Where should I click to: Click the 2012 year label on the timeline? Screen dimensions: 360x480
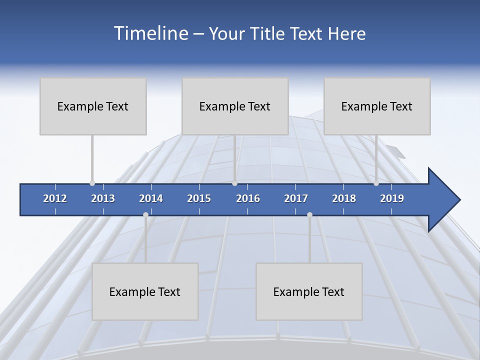point(55,198)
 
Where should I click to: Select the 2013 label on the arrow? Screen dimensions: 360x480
point(103,198)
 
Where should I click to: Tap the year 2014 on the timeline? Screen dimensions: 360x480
point(151,198)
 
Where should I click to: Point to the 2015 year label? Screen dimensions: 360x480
point(199,198)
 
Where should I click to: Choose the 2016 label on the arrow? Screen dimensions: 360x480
point(248,198)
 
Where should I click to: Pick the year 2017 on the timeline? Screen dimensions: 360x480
point(296,198)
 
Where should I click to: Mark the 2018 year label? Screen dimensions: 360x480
point(344,198)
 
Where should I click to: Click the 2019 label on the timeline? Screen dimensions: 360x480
point(392,198)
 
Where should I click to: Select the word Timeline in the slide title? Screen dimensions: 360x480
point(150,33)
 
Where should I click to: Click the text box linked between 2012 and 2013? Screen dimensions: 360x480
point(93,106)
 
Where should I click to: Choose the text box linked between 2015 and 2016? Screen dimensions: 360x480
point(235,106)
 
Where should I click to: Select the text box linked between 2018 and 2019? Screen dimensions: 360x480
point(377,106)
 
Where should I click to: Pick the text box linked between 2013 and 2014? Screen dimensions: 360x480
point(145,291)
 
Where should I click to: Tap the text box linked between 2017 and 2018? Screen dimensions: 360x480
point(309,291)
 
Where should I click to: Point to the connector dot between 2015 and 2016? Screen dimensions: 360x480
point(235,183)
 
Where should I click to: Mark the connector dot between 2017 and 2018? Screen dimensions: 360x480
point(309,215)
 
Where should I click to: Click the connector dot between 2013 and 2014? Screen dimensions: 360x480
point(145,215)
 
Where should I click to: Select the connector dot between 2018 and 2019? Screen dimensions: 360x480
point(376,183)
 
